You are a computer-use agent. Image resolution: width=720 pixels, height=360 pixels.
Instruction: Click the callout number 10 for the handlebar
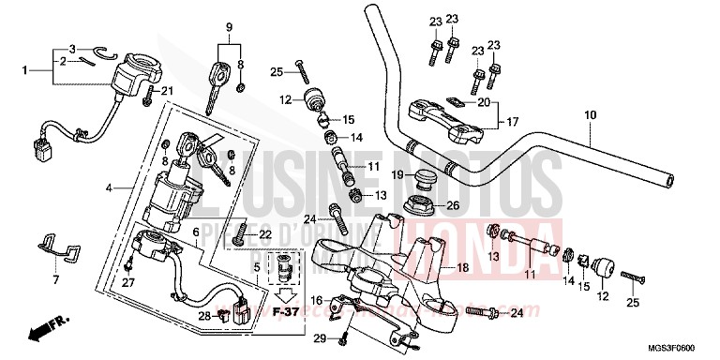[x=590, y=116]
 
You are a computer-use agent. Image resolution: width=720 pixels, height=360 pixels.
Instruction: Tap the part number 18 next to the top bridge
[x=461, y=268]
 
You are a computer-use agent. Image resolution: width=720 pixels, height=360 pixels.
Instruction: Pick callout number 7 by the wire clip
[x=55, y=280]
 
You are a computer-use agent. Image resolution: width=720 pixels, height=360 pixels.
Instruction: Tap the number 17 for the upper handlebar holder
[x=512, y=121]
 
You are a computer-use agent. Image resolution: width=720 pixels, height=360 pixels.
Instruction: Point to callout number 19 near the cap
[x=397, y=175]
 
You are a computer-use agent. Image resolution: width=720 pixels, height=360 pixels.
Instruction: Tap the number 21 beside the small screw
[x=169, y=90]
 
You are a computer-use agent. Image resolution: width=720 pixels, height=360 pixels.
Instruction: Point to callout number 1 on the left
[x=26, y=68]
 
